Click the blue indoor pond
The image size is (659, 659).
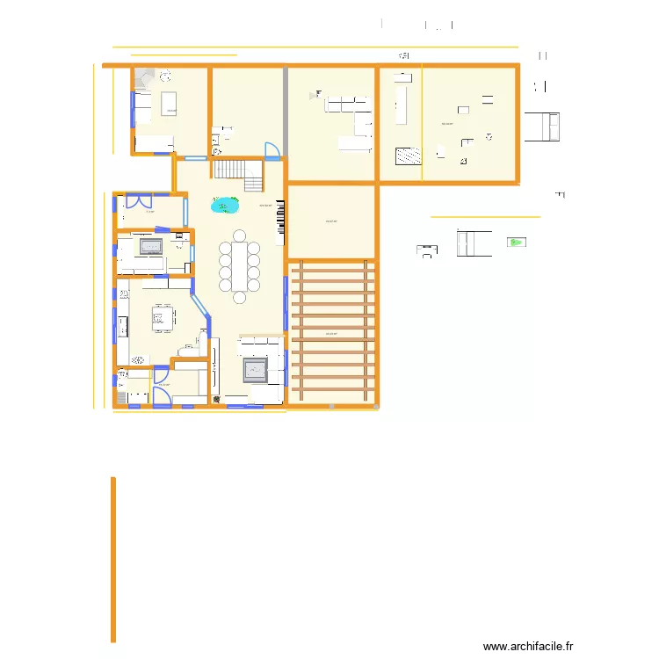tap(226, 206)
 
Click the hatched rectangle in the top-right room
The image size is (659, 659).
tap(408, 156)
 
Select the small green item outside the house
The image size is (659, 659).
tap(515, 242)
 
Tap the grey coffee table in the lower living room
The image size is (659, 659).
tap(256, 370)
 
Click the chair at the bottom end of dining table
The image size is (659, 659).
tap(239, 299)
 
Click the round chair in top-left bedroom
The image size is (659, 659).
tap(164, 76)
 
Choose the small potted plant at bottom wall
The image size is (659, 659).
tap(217, 401)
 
